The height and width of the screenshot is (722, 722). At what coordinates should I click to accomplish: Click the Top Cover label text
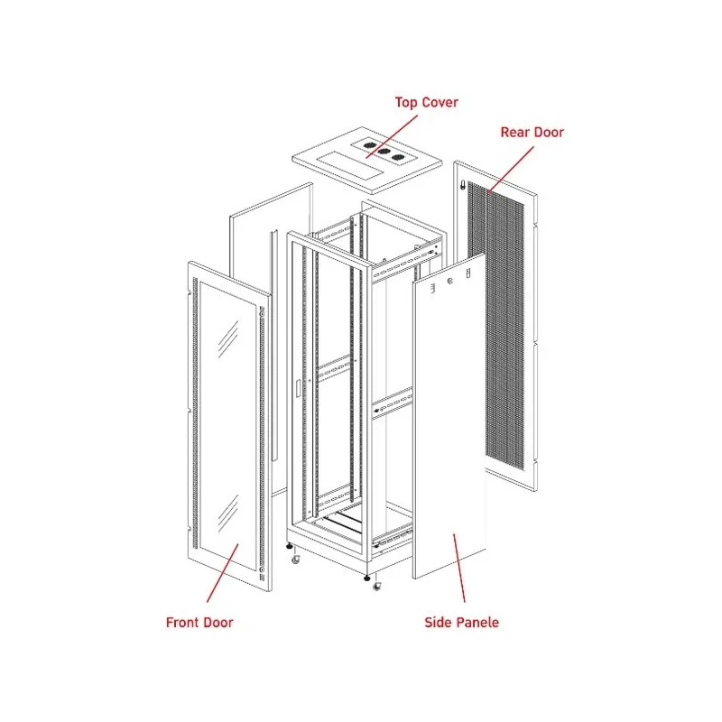point(426,102)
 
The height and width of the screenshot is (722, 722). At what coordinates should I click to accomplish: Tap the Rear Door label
point(532,132)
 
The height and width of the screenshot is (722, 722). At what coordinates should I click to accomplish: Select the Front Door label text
point(199,623)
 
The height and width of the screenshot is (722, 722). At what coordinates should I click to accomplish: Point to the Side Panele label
point(461,623)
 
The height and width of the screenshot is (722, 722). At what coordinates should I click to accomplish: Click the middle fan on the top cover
point(384,151)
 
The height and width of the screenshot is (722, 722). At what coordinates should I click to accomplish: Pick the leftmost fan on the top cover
point(369,145)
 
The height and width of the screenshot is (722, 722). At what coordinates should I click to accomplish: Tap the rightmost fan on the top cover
point(398,157)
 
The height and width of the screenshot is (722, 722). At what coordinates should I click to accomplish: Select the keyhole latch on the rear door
point(463,186)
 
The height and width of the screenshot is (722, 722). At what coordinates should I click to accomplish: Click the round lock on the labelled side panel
point(449,281)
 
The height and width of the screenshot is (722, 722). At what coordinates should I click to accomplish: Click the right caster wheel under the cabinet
point(377,586)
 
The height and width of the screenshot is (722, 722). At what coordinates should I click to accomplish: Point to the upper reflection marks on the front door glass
point(228,339)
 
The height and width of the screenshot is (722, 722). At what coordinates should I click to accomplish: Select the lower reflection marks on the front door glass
point(228,514)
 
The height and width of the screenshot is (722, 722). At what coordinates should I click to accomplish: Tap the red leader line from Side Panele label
point(459,568)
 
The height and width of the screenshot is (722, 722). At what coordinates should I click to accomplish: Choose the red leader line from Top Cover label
point(392,136)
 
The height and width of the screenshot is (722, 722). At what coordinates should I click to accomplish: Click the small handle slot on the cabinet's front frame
point(298,388)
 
